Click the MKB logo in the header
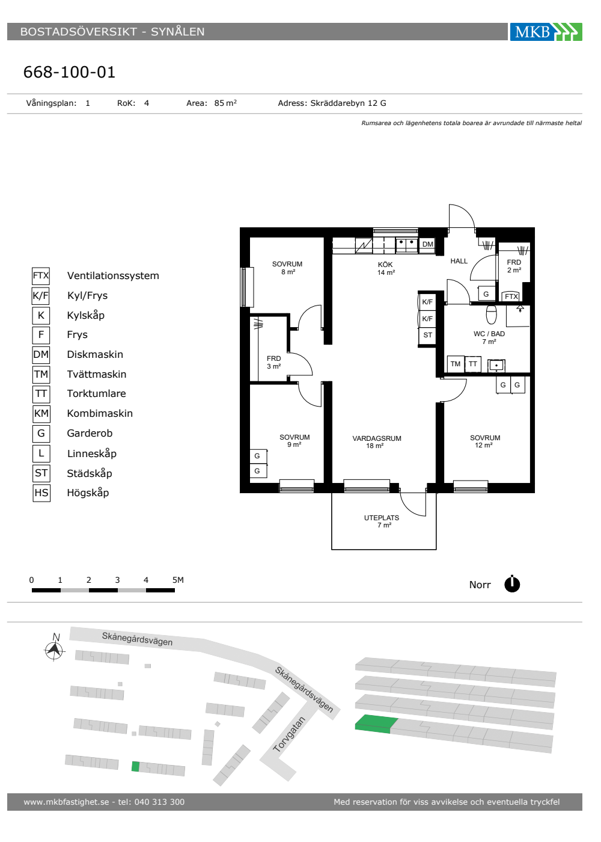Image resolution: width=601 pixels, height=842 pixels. coord(546,31)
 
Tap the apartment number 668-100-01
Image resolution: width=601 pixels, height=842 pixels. coord(69,72)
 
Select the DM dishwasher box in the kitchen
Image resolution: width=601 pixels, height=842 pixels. coord(427,244)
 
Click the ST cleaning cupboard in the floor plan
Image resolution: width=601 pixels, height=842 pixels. coord(427,335)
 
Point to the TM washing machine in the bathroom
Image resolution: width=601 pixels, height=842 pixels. coord(456,364)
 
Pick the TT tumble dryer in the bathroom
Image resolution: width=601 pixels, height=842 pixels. coord(473,364)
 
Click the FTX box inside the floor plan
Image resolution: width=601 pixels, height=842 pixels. coord(511,296)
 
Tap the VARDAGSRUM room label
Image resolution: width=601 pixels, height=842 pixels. coord(377,438)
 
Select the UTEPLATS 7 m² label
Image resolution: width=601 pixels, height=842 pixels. coord(382,521)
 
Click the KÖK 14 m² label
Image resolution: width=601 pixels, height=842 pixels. coord(386,268)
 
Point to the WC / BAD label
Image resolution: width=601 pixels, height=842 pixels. coord(489,334)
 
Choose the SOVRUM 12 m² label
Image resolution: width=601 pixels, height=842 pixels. coord(484,441)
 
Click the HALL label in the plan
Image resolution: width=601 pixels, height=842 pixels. coord(459,261)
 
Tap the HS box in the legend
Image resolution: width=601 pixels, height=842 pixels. coord(41,493)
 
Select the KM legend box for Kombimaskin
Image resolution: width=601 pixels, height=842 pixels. coord(41,414)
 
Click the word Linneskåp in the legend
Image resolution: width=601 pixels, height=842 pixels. coord(91,453)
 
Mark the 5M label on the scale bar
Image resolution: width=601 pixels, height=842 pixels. coord(178,580)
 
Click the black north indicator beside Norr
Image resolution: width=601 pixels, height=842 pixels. coord(512,584)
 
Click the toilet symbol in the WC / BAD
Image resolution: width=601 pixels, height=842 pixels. coord(492,314)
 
